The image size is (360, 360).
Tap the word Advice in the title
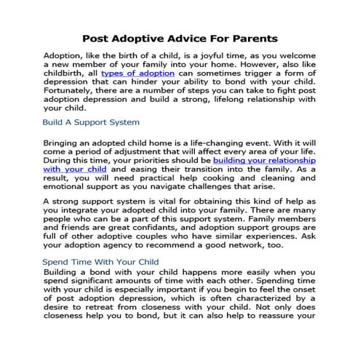pos(172,38)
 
